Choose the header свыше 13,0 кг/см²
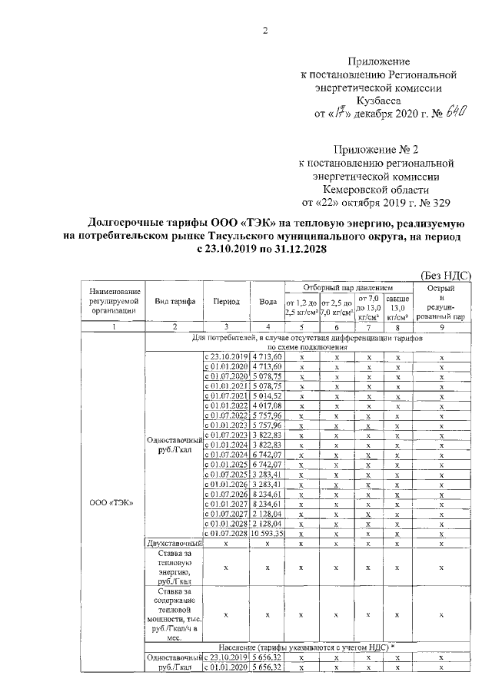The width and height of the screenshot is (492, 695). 397,306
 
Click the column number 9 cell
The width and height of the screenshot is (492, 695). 442,327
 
